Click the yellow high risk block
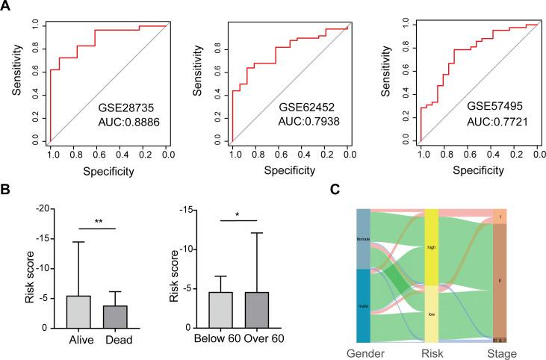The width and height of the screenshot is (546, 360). (431, 246)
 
